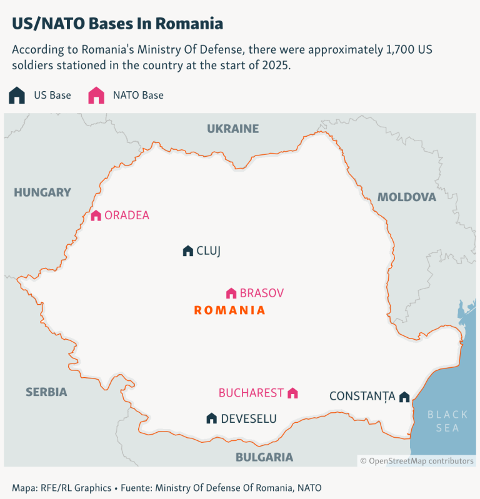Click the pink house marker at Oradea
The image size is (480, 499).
coord(96,215)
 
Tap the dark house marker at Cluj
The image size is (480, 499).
coord(187,250)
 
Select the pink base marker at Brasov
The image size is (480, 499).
coord(231,293)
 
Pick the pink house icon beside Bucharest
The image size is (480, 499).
coord(292,393)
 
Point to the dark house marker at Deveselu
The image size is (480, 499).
coord(212,418)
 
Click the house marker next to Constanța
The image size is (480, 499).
coord(404,397)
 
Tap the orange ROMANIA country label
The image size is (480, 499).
coord(230,310)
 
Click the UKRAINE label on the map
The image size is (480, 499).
coord(232,129)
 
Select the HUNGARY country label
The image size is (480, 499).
coord(42,192)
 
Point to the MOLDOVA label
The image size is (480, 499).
coord(406,197)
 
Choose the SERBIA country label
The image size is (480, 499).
coord(46,392)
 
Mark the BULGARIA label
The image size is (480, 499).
coord(264,457)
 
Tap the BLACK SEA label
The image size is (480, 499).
coord(447,421)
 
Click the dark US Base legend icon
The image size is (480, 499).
coord(17,96)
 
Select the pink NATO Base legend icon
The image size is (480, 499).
coord(96,96)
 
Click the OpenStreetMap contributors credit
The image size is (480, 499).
coord(417,461)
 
